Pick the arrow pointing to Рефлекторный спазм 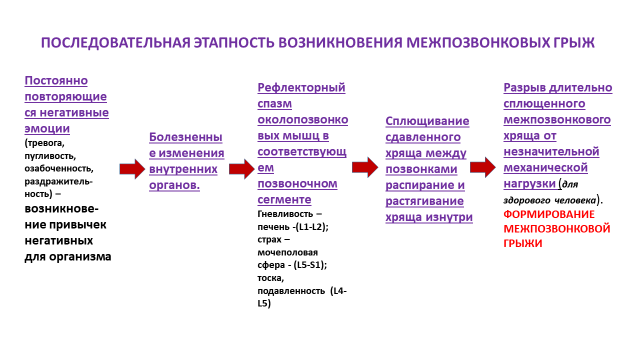click(241, 168)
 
